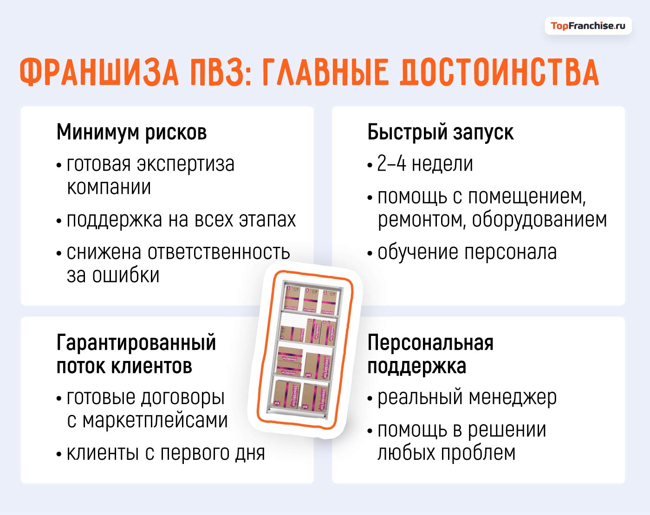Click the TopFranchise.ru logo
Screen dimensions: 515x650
pyautogui.click(x=588, y=26)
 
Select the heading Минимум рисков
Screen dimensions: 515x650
pyautogui.click(x=131, y=132)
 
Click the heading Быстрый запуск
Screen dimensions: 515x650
pyautogui.click(x=440, y=132)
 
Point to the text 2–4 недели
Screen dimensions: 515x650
pyautogui.click(x=424, y=164)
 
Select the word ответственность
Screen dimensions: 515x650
pyautogui.click(x=219, y=252)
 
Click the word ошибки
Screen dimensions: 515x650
pyautogui.click(x=126, y=276)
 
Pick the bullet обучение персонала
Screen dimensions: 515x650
pyautogui.click(x=467, y=252)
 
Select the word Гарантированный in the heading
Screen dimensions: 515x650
pyautogui.click(x=136, y=342)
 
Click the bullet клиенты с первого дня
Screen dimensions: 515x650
pyautogui.click(x=165, y=453)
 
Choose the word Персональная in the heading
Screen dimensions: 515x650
pyautogui.click(x=430, y=342)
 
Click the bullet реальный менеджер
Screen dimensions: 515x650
pyautogui.click(x=467, y=398)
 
